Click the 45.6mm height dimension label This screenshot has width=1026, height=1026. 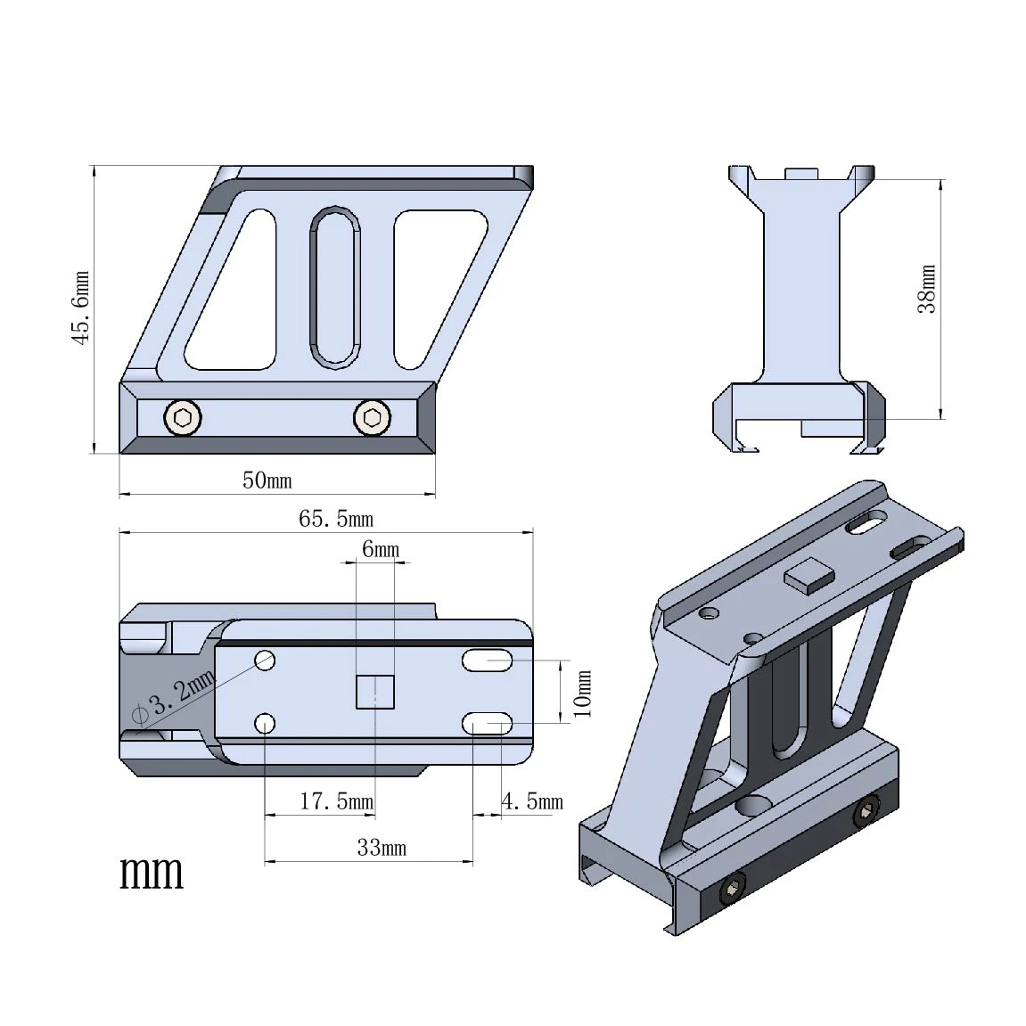coord(81,308)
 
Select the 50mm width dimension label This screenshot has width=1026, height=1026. coord(267,480)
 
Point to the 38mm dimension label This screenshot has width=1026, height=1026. coord(928,289)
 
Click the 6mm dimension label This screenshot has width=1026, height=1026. coord(380,549)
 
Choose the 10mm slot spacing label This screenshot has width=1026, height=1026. coord(582,693)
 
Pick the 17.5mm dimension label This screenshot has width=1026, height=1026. coord(336,801)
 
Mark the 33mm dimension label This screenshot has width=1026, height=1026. coord(381,848)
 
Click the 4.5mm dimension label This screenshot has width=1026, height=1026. coord(532,802)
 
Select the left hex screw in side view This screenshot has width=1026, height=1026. coord(183,417)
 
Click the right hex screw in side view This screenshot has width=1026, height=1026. coord(372,417)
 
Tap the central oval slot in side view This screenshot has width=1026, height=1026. coord(335,287)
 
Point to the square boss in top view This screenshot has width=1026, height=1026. coord(375,692)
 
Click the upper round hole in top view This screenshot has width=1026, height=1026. coord(265,661)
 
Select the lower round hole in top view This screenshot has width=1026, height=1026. coord(265,723)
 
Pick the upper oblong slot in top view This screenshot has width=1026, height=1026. coord(487,661)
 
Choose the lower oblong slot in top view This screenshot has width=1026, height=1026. coord(487,723)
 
